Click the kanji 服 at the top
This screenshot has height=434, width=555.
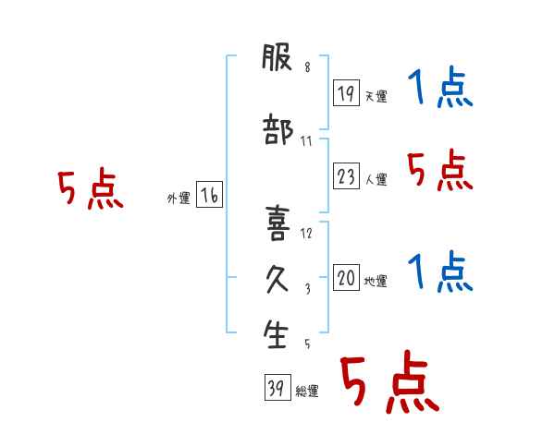(277, 56)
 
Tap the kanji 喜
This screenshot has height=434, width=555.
(277, 223)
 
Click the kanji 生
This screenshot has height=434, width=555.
(276, 334)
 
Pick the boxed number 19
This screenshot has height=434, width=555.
(346, 92)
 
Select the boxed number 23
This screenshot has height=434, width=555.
(346, 175)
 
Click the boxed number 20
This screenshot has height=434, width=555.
(346, 277)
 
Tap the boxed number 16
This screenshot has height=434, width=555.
(209, 195)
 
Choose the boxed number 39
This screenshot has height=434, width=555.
(277, 387)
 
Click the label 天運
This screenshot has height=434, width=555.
(376, 96)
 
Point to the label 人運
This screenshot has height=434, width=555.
(376, 179)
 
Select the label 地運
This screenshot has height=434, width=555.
(376, 281)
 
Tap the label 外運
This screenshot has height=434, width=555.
(179, 199)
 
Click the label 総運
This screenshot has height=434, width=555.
(307, 392)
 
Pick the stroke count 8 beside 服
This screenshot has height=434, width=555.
(307, 66)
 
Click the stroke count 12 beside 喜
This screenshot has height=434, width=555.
(306, 234)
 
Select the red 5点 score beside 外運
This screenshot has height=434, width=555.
(91, 188)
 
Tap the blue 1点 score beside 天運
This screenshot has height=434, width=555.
(440, 86)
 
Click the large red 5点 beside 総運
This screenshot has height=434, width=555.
(390, 381)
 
